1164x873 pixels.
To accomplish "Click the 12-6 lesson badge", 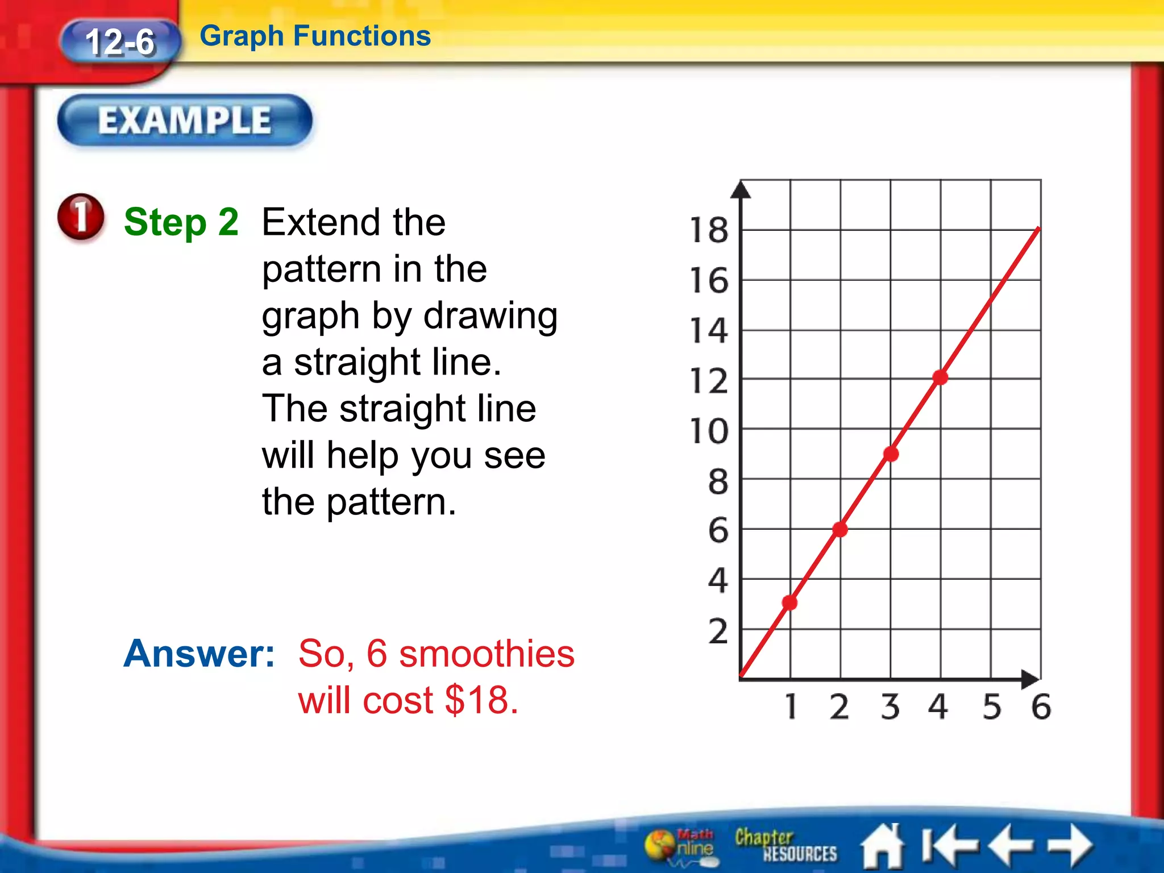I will tap(120, 42).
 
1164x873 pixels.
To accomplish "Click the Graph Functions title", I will tap(315, 36).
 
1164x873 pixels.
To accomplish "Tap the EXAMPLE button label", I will tap(185, 120).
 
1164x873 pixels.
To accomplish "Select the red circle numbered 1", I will tap(81, 217).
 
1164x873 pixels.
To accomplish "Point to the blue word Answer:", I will tap(199, 654).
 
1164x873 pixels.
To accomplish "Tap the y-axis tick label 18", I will tap(708, 231).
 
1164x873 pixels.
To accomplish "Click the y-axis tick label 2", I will tap(718, 631).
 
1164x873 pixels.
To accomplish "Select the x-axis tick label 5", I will tap(992, 707).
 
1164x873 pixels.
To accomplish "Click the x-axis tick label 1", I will tap(791, 707).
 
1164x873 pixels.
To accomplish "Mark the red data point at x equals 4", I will tap(940, 377).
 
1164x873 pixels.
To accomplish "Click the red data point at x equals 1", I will tap(789, 602).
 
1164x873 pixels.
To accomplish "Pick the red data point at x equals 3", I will tap(891, 454).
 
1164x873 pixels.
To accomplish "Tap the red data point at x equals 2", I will tap(840, 530).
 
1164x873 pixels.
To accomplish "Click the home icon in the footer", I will tap(883, 846).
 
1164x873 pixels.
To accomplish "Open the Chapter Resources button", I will tap(785, 845).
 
